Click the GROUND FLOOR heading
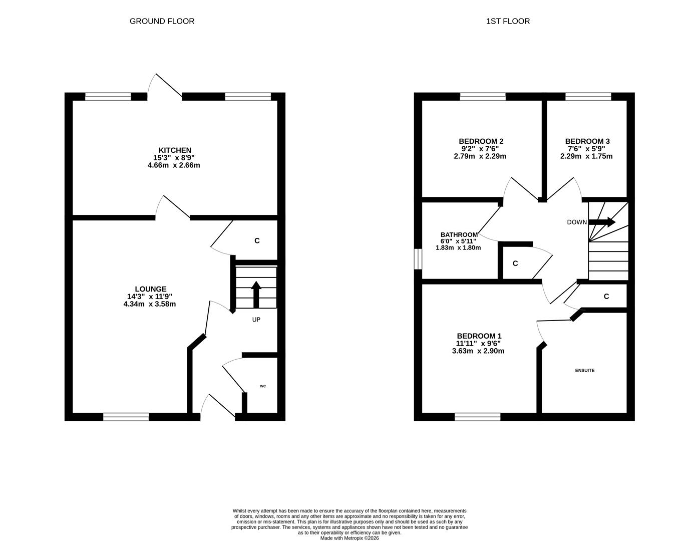162,21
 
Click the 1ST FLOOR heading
508,21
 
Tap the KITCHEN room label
175,150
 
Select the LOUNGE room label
151,289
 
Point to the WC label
263,386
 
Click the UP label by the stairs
256,320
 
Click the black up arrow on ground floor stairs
256,295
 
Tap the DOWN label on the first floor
577,222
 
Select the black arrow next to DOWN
602,222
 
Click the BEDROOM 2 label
481,141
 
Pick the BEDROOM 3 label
587,141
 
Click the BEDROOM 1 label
479,336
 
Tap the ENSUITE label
585,370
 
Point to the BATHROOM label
459,234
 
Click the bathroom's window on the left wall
418,259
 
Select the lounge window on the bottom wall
126,417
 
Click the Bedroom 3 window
588,97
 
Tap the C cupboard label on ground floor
257,241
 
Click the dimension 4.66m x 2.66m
174,165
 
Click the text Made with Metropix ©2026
350,538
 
